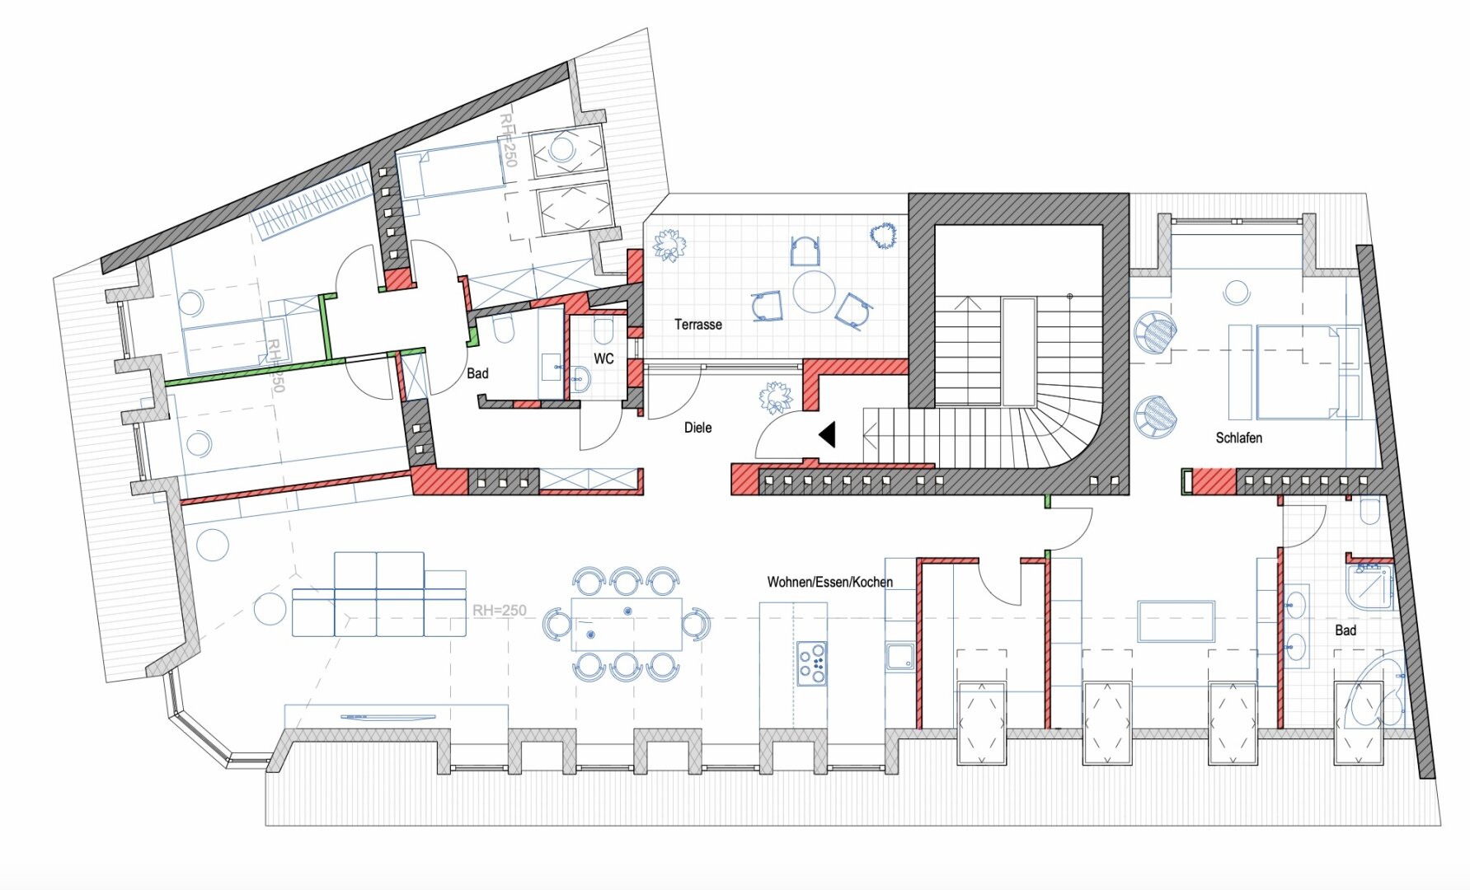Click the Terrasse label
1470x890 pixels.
(x=697, y=325)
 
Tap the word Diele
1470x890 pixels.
(x=697, y=428)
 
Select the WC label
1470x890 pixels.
(x=603, y=358)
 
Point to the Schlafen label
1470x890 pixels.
(x=1238, y=438)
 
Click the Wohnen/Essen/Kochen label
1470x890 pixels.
(x=829, y=582)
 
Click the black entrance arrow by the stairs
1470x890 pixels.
(x=827, y=434)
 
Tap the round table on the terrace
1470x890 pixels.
(x=814, y=292)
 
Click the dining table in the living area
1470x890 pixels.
(x=627, y=624)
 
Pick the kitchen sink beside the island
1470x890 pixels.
(x=899, y=658)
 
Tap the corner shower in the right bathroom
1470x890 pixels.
(x=1369, y=586)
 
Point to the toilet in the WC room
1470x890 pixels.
(x=603, y=331)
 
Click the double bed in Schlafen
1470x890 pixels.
(x=1294, y=372)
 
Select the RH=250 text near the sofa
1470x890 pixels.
(x=499, y=611)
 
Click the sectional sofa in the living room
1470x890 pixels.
(x=378, y=594)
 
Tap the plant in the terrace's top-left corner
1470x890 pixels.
(x=668, y=245)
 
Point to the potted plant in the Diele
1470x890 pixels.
(x=775, y=398)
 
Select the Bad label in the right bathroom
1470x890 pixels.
(x=1346, y=630)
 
